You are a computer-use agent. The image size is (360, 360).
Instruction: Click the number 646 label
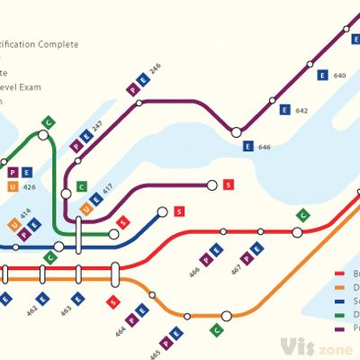[x=265, y=146]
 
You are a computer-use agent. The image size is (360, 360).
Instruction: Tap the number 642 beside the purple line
[x=301, y=111]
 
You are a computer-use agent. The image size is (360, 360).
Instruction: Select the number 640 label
[x=339, y=76]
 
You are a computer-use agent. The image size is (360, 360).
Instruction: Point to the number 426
[x=30, y=187]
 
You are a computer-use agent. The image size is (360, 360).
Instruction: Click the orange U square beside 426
[x=13, y=186]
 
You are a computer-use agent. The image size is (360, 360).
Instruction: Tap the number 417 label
[x=108, y=192]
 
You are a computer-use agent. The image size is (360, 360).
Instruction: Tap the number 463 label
[x=65, y=312]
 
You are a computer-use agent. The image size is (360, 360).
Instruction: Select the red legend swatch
[x=340, y=274]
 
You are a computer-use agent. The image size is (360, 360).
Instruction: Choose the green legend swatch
[x=340, y=315]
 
